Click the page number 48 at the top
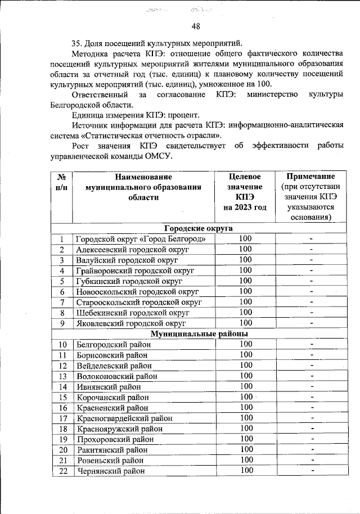[196, 26]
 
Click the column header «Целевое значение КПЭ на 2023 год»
[245, 192]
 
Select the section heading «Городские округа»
[198, 228]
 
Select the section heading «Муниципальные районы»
[198, 333]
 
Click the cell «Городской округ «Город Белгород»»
[145, 239]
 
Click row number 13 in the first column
[62, 376]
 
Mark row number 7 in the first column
[62, 302]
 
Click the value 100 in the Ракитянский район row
[246, 449]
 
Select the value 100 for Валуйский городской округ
[245, 260]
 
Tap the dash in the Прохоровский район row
[311, 439]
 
